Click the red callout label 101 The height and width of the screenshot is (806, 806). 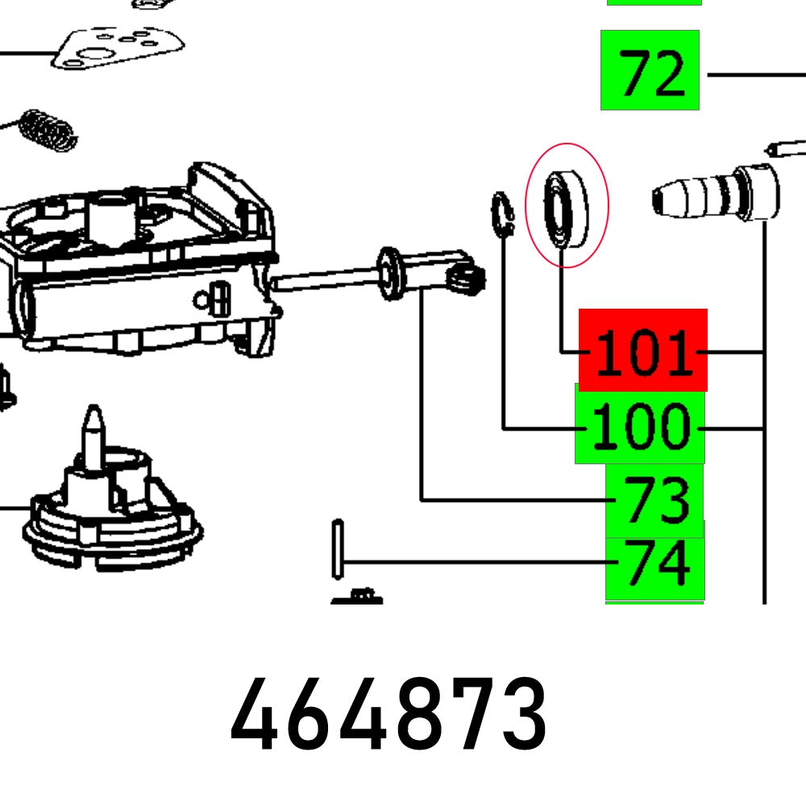point(642,351)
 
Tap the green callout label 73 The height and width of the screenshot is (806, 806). point(654,500)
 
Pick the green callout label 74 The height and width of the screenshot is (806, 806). point(654,561)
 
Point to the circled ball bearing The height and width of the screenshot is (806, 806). point(566,208)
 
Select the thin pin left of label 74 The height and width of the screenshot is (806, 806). point(338,549)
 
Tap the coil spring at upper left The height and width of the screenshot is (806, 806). point(48,130)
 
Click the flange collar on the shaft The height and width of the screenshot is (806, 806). point(391,274)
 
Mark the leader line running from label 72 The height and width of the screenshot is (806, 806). point(754,75)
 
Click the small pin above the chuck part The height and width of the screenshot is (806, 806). point(786,147)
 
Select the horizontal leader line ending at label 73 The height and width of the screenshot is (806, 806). point(516,501)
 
